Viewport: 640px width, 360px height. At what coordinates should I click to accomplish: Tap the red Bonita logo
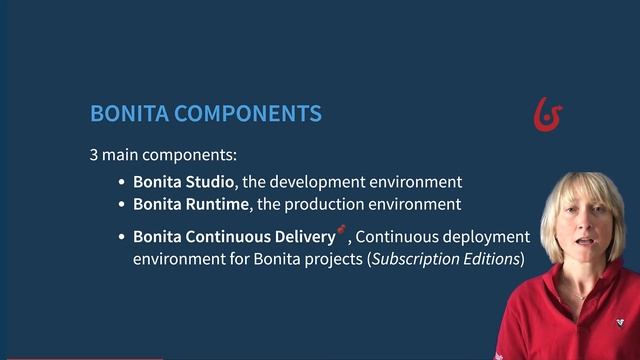(547, 115)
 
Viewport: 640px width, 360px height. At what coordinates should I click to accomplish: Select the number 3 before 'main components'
(94, 157)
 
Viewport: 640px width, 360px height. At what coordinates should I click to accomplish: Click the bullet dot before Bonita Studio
(122, 183)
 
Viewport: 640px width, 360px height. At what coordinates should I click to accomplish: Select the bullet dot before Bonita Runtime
(122, 205)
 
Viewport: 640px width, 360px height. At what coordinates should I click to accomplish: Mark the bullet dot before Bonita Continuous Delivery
(122, 238)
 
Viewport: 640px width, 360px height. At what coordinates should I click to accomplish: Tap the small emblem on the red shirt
(621, 322)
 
